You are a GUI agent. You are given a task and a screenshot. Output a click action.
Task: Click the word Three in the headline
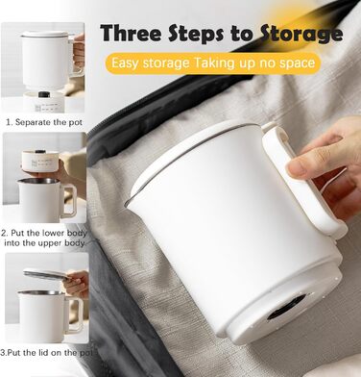click(132, 33)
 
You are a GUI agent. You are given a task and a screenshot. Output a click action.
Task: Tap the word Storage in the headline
click(301, 35)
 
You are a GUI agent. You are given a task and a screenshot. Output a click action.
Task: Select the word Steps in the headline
click(197, 34)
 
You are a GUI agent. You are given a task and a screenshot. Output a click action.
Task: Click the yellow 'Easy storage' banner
click(213, 63)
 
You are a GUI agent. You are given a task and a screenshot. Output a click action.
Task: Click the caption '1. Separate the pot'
click(44, 122)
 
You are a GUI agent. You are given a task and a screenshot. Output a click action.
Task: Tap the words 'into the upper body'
click(44, 243)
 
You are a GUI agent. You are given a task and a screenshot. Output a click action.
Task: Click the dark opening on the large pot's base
click(287, 306)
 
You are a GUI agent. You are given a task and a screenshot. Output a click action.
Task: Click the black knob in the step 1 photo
click(43, 94)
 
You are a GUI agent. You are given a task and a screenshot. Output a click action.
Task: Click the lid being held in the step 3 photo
click(46, 274)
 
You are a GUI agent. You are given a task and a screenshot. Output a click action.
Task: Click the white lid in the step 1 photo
click(45, 35)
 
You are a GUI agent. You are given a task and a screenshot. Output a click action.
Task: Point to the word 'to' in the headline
click(241, 34)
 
